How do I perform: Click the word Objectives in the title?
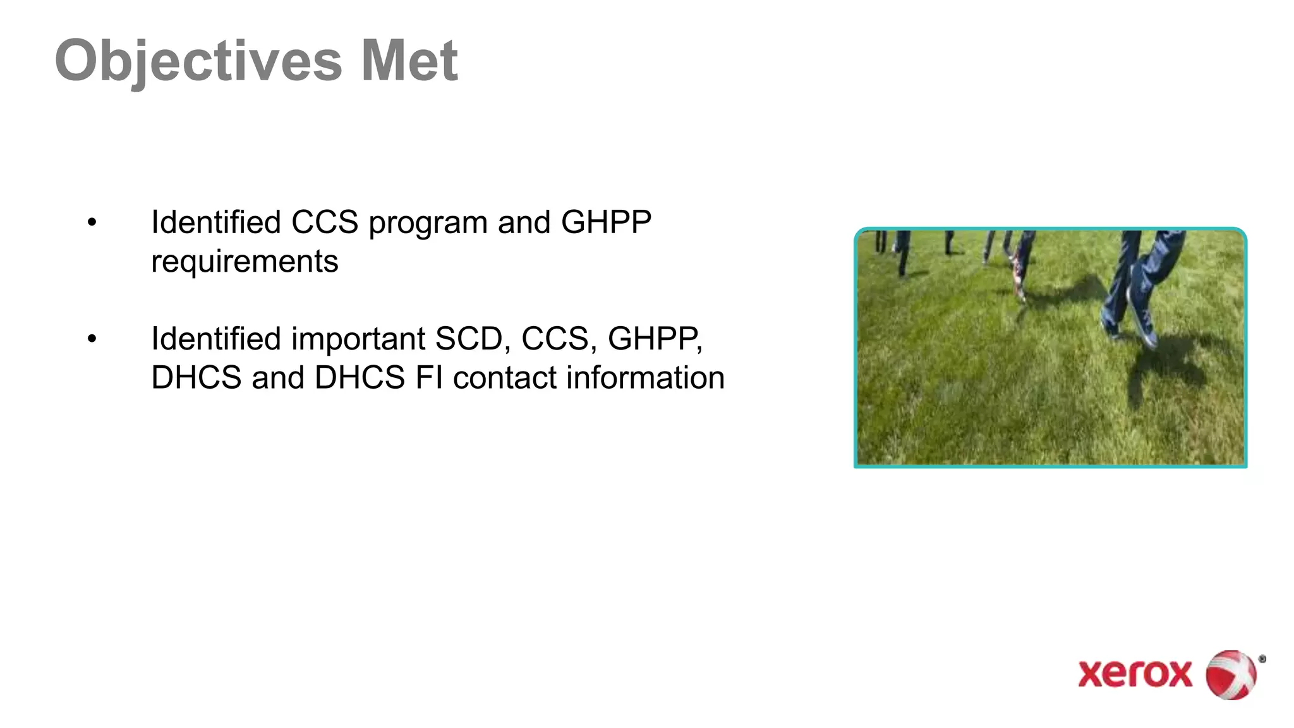[198, 61]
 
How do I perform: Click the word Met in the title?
[409, 61]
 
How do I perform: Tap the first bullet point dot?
[92, 222]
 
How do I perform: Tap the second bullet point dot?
[92, 339]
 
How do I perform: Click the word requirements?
[245, 262]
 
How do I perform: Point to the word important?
[358, 339]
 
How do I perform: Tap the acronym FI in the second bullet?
[428, 378]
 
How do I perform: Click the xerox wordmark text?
[1135, 674]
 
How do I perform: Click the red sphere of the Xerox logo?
[1231, 675]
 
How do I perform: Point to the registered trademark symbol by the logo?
[1262, 659]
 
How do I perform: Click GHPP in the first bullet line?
[606, 222]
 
